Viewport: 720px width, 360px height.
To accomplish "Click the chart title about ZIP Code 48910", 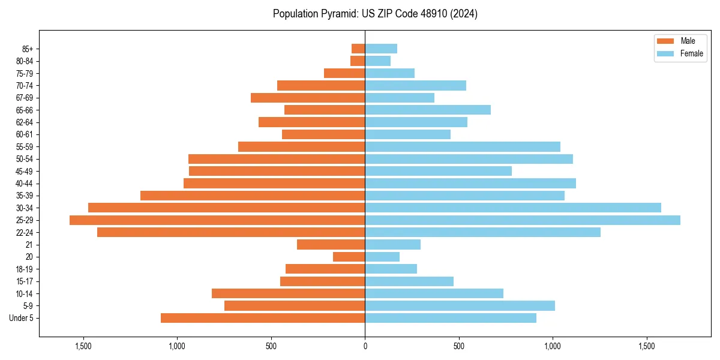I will click(375, 14).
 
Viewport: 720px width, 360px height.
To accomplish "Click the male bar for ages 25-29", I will click(217, 220).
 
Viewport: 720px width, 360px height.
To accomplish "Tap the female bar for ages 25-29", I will click(523, 220).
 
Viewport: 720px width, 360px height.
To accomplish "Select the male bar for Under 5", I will click(263, 318).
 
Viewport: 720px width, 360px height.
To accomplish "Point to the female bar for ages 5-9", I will click(460, 306).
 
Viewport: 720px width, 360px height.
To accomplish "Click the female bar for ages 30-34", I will click(513, 208).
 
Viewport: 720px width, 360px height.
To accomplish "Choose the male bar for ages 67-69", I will click(308, 98).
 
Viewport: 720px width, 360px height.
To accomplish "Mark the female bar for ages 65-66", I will click(428, 110).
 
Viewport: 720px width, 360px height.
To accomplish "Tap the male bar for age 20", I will click(349, 257).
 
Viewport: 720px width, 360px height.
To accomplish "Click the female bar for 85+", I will click(381, 49).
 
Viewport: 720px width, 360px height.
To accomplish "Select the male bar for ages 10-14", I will click(288, 293).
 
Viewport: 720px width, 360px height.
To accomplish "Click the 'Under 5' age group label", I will click(22, 318).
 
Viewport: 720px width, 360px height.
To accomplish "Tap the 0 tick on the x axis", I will click(365, 347).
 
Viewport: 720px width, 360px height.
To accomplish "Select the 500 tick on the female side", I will click(459, 347).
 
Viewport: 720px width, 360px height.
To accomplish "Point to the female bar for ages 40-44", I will click(470, 184).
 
